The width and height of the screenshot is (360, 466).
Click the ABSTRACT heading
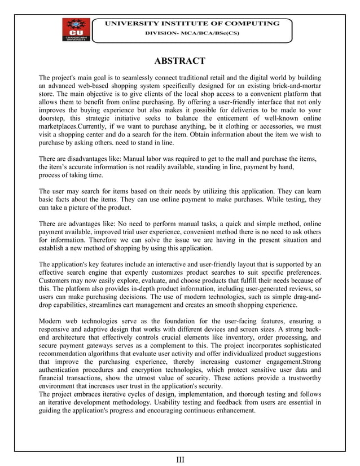point(180,61)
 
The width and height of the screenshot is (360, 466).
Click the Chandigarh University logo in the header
point(74,30)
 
